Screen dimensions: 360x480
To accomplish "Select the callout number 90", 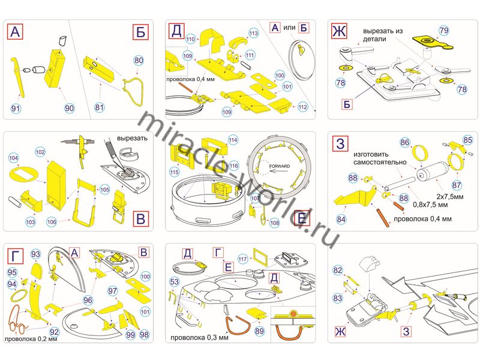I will click(x=69, y=107).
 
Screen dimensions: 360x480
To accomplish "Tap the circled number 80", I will click(x=139, y=61).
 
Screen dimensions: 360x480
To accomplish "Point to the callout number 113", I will click(x=253, y=33).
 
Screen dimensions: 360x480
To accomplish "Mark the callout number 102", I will click(x=40, y=152).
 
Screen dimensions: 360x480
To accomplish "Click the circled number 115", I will click(x=175, y=172).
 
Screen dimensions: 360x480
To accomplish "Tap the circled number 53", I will click(x=175, y=281).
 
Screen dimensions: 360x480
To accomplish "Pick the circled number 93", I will click(x=35, y=254).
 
